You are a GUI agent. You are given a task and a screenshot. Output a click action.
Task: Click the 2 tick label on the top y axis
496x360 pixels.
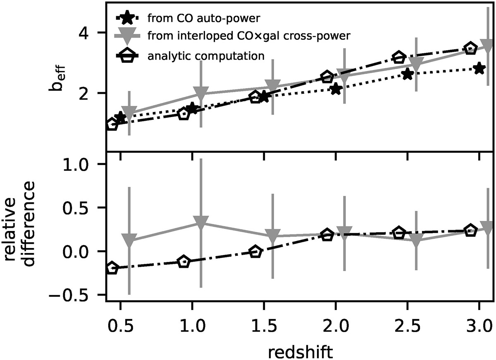coord(88,93)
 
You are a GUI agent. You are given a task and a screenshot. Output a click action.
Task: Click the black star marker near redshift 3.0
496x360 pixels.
coord(479,69)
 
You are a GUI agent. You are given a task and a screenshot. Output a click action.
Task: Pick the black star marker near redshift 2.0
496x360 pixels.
coord(336,88)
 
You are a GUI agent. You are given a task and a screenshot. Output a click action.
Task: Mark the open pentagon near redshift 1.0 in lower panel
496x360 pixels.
coord(184,262)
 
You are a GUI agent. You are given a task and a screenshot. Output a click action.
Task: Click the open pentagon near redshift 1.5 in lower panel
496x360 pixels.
coord(255,252)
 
